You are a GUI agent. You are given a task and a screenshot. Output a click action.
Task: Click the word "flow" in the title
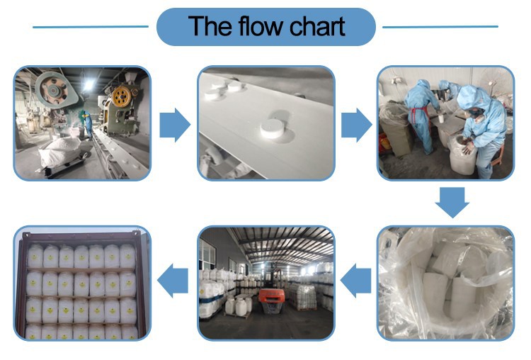coord(261,26)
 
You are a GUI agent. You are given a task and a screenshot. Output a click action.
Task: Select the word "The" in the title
coord(211,26)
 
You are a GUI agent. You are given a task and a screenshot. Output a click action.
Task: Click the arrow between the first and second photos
coord(174,126)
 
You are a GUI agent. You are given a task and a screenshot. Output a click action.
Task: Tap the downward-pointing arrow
coord(452,201)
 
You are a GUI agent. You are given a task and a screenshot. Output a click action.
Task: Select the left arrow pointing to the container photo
coord(173,283)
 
